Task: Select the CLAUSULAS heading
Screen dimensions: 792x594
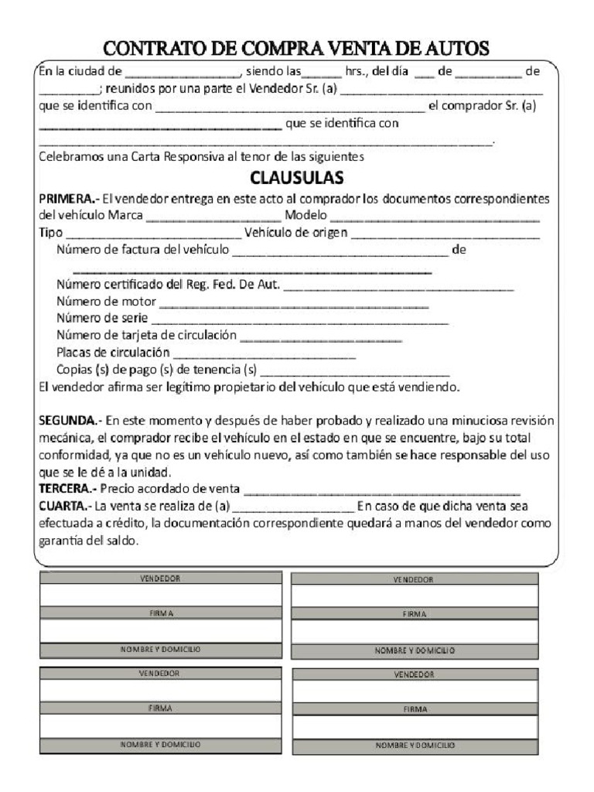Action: pos(296,178)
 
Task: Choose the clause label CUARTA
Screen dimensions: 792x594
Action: pos(64,507)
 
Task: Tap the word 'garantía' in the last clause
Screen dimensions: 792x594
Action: pos(63,541)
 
